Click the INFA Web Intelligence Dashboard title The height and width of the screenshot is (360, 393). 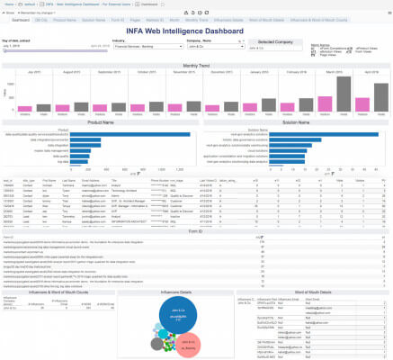point(196,31)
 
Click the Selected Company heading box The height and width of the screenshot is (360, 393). point(268,42)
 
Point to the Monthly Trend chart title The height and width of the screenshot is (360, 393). point(196,64)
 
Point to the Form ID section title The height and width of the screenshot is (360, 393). point(196,231)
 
